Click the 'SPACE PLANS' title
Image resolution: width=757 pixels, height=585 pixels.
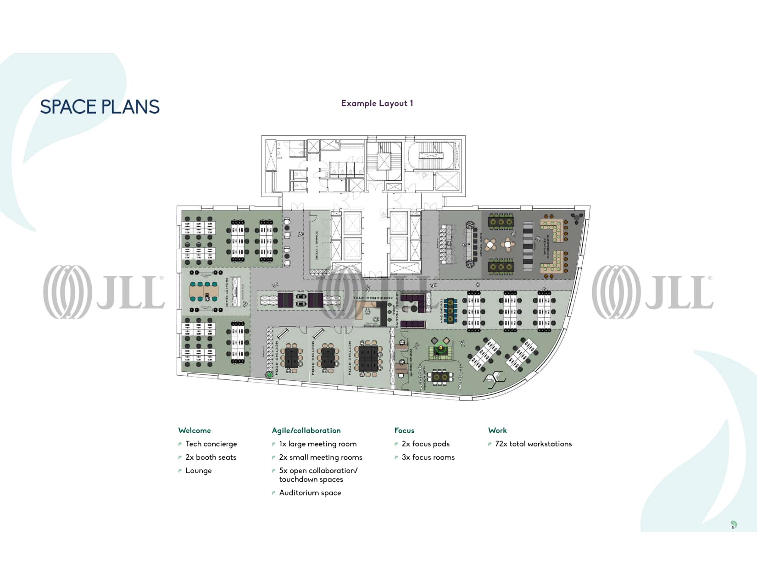[100, 107]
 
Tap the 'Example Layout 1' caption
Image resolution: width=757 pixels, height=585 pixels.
[377, 103]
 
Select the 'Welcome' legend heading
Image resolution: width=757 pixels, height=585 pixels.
[195, 430]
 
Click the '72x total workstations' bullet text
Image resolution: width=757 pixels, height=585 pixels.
[533, 444]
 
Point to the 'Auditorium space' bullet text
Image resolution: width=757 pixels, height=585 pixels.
[310, 493]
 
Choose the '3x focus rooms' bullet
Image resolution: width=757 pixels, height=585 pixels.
[428, 457]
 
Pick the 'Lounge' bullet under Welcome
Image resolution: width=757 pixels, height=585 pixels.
[198, 470]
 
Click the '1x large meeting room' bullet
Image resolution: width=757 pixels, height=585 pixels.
[317, 444]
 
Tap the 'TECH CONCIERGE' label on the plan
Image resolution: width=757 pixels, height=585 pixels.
[373, 298]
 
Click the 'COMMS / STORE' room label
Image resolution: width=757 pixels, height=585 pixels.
[316, 245]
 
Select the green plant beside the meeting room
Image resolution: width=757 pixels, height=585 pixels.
[269, 375]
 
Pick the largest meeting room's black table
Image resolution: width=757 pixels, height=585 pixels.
[367, 358]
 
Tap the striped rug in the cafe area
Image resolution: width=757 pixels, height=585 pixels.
[528, 246]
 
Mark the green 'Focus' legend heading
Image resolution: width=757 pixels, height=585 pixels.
[404, 430]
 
